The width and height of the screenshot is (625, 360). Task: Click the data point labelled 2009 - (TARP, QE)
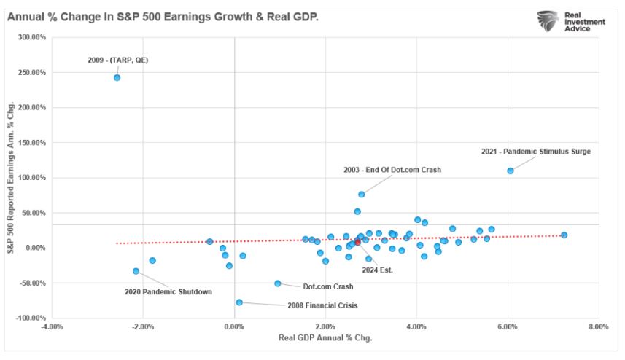point(117,77)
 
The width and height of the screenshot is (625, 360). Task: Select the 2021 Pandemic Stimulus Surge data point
point(511,171)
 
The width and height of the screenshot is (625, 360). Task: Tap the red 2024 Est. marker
point(357,242)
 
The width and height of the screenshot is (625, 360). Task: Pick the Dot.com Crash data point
point(278,283)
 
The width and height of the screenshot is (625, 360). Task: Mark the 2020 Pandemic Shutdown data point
point(136,271)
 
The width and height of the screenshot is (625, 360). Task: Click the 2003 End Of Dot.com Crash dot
point(361,194)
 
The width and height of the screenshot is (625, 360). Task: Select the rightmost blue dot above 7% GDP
point(564,235)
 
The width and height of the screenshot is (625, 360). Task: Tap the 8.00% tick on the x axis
point(598,326)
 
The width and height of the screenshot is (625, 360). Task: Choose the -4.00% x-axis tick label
point(52,326)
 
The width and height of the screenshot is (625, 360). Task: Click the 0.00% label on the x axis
point(233,326)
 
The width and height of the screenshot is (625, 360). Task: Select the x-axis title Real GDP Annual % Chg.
point(325,338)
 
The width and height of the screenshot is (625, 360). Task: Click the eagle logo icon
point(548,21)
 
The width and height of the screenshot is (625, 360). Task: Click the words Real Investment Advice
point(586,22)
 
